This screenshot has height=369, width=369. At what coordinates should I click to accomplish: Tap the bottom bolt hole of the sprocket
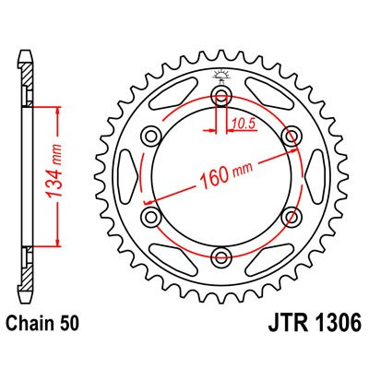click(221, 256)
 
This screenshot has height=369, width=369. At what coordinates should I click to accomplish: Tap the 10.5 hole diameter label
click(242, 121)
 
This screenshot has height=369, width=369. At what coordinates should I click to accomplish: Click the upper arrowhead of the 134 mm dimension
click(61, 110)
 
